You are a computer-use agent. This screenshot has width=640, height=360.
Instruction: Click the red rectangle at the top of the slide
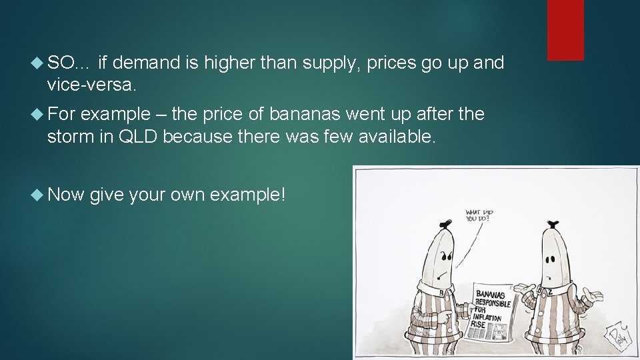coord(565,30)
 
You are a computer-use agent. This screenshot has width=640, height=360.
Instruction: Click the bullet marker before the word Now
coord(39,195)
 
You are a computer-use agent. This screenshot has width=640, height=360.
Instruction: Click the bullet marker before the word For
coord(39,115)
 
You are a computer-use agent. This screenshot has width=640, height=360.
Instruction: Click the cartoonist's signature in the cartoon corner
coord(617,334)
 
